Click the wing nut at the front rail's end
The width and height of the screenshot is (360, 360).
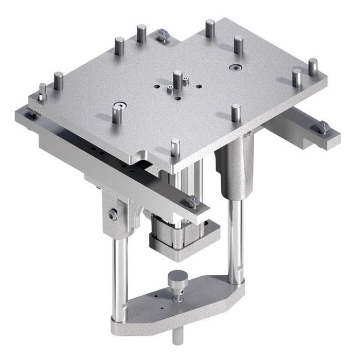(x=194, y=203)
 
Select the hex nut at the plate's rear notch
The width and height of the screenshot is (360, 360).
(x=164, y=35)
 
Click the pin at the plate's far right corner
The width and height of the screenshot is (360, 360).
(x=312, y=67)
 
